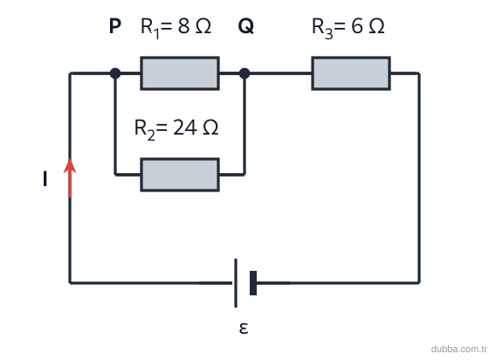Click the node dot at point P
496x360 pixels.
pos(115,73)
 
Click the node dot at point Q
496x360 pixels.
pos(245,73)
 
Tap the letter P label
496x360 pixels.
pos(114,26)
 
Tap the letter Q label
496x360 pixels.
pos(245,26)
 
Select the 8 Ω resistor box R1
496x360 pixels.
pos(180,73)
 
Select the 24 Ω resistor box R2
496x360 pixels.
pos(180,175)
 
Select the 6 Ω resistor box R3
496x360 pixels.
pos(351,73)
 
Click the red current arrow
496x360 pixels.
pos(70,177)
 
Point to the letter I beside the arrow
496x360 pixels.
pos(45,178)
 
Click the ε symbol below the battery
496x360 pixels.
pos(244,329)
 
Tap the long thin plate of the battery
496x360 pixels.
pos(236,283)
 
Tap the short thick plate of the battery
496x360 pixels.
pos(253,283)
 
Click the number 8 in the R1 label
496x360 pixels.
pos(183,26)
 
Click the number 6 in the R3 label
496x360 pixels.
pos(357,26)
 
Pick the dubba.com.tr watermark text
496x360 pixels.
pos(458,349)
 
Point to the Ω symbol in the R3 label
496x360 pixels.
pos(376,26)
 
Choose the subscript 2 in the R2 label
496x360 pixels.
pos(151,135)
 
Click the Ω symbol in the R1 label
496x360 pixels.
pos(203,26)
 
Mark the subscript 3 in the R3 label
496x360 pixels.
pos(329,34)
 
